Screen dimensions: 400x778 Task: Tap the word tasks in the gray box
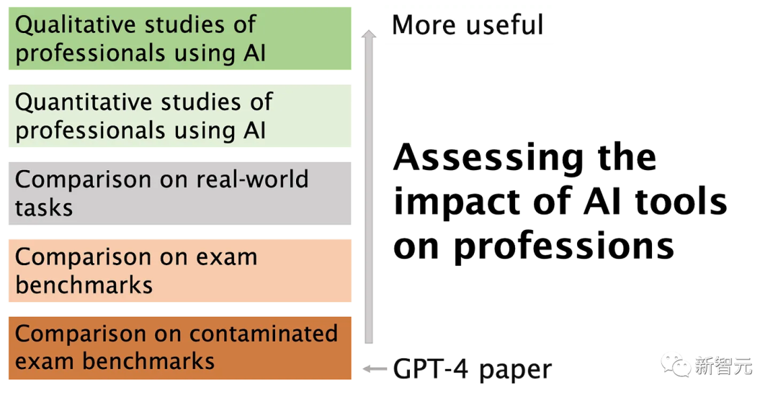[x=44, y=208]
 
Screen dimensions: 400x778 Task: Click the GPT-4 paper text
[x=472, y=370]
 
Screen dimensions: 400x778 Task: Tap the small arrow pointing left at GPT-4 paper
[x=374, y=370]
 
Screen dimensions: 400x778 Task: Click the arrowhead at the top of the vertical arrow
[x=369, y=33]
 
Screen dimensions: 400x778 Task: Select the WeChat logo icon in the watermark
[x=676, y=364]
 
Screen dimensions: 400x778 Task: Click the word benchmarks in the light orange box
[x=84, y=285]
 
